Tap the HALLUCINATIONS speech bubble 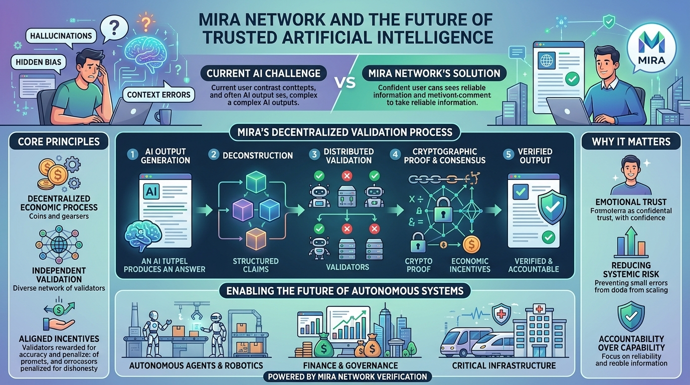61,36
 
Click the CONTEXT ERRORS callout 158,94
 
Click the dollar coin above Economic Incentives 471,245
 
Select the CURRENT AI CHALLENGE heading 264,73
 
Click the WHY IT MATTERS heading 631,141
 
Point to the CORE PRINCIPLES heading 59,141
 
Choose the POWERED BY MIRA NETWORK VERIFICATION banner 348,376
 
